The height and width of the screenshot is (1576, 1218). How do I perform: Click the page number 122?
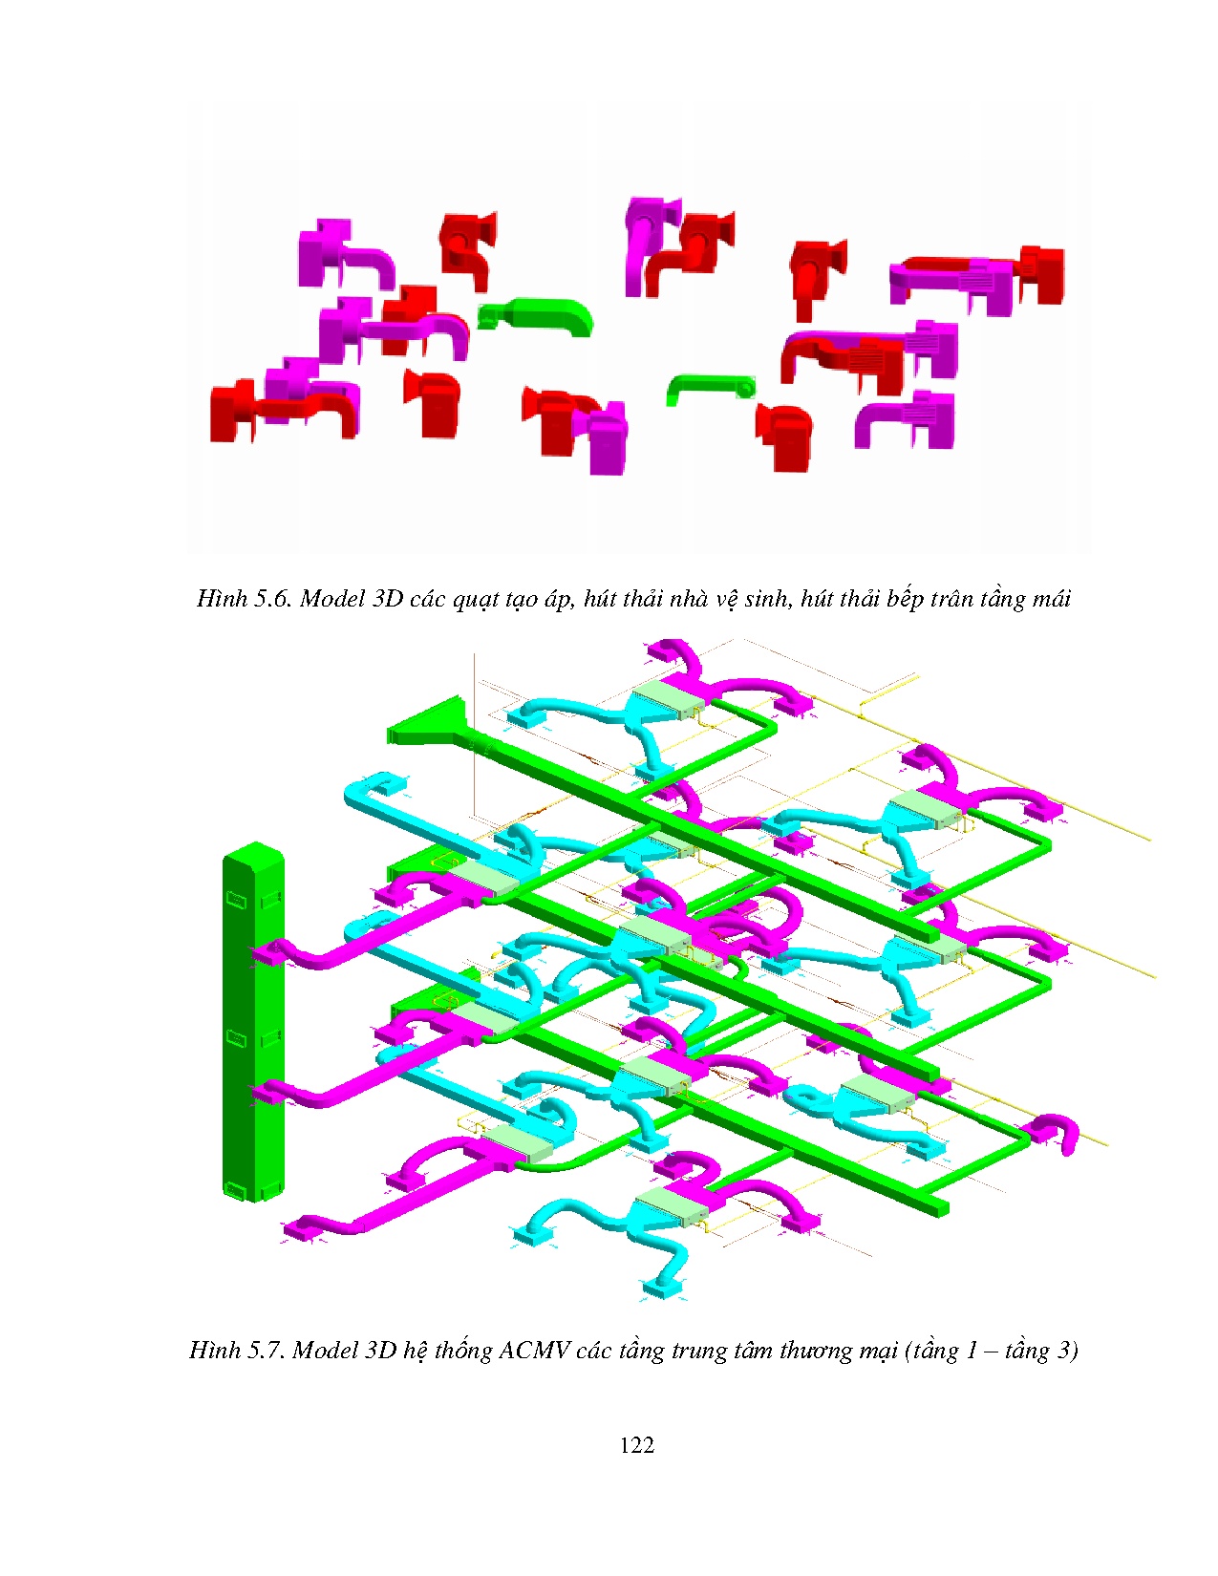636,1445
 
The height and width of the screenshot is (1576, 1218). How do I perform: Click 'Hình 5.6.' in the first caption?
244,599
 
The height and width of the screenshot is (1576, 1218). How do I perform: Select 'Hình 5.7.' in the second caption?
236,1351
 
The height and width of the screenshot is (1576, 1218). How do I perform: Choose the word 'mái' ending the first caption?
1050,600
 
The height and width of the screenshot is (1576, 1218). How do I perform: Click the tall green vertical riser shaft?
253,1022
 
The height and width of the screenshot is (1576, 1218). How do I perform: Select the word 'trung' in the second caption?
705,1351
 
